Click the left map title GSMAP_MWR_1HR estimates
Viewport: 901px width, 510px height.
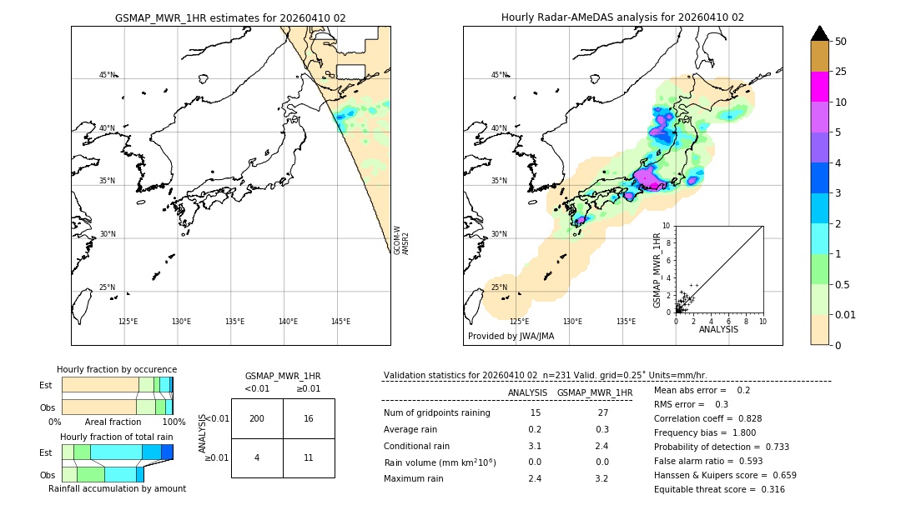point(230,17)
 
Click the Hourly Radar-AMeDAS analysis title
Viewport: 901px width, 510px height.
point(622,17)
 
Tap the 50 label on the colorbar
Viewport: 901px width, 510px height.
point(841,42)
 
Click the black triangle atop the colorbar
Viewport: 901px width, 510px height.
point(820,33)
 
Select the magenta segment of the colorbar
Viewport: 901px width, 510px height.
point(820,87)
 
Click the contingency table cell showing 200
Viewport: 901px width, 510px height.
point(257,418)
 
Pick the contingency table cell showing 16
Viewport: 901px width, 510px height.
point(309,418)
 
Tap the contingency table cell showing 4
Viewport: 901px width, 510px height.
point(257,457)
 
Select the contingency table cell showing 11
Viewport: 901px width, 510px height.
point(309,457)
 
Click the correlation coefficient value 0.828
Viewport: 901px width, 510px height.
point(744,418)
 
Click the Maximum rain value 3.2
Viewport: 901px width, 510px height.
point(602,478)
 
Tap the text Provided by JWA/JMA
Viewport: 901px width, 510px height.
point(511,337)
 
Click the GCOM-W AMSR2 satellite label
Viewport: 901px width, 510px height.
point(401,239)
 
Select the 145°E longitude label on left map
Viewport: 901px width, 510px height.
point(340,322)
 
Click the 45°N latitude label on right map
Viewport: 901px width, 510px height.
point(499,75)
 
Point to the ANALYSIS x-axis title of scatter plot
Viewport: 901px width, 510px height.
point(718,329)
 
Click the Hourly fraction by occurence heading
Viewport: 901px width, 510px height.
point(117,369)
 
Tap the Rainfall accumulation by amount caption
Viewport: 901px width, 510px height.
point(117,488)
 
